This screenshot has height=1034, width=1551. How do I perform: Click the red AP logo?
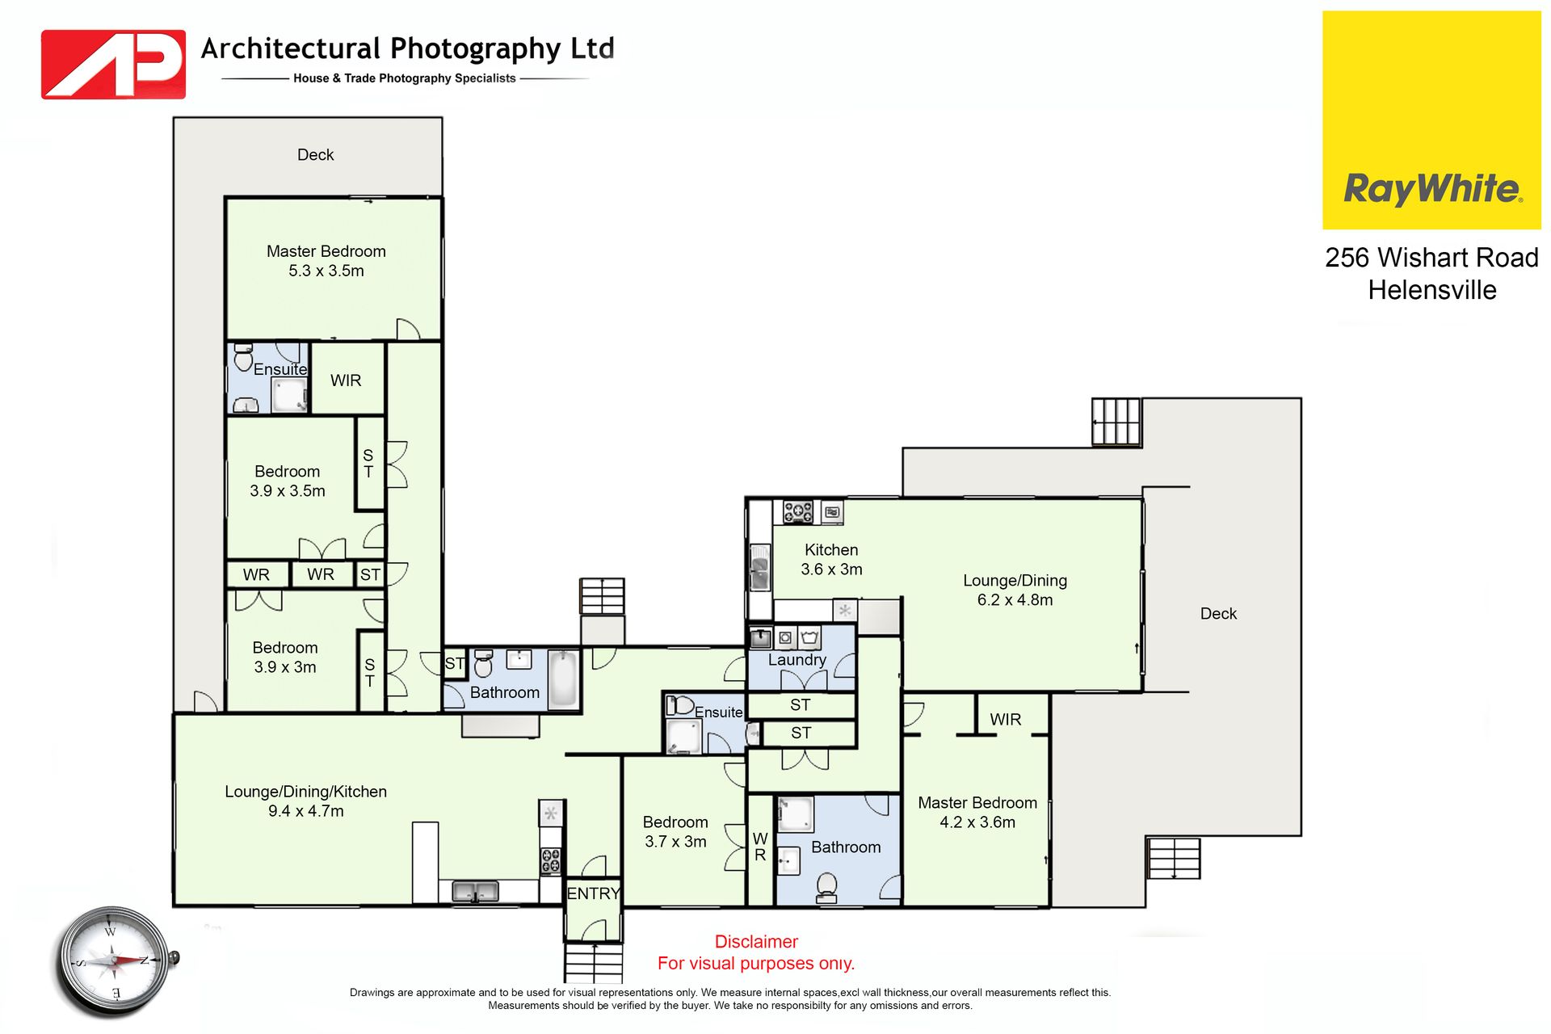[113, 65]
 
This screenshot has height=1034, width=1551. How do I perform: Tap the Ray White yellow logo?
[1431, 120]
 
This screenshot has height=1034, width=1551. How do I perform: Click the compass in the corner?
[114, 961]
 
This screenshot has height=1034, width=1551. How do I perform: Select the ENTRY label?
[594, 893]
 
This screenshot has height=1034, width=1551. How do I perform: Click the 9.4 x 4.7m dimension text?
[306, 811]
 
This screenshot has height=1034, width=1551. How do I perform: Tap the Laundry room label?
[797, 660]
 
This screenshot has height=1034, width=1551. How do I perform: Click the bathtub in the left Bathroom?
[564, 679]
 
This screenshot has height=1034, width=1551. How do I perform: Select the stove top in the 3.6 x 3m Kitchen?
[798, 511]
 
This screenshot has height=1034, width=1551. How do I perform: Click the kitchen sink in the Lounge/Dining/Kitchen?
[475, 891]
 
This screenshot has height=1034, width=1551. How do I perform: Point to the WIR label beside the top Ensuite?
[346, 380]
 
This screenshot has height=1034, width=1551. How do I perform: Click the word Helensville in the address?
[1432, 290]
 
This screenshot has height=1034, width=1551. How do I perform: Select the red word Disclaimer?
[756, 942]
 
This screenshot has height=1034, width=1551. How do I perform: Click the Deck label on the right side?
[1218, 614]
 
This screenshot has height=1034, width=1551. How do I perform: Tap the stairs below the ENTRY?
[594, 963]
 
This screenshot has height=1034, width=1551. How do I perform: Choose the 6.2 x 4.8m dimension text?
[1015, 600]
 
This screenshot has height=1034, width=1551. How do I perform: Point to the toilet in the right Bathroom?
[826, 886]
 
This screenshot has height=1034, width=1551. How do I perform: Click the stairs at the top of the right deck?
[1116, 422]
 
